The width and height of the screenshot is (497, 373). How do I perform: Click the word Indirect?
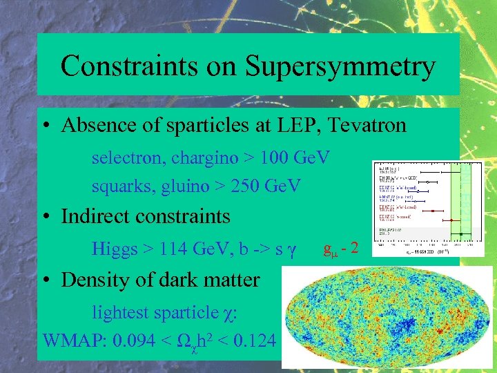pos(98,216)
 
